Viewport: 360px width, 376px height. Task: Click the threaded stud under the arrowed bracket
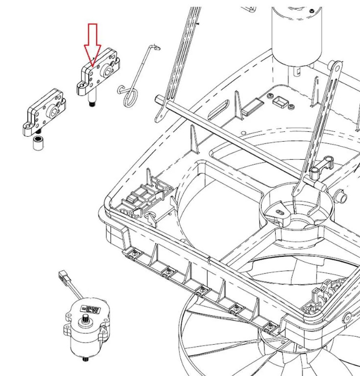point(92,103)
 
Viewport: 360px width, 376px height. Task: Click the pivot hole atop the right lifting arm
point(336,65)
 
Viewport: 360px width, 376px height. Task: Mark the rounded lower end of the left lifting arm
point(160,117)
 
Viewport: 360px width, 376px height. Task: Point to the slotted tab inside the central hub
point(280,210)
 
